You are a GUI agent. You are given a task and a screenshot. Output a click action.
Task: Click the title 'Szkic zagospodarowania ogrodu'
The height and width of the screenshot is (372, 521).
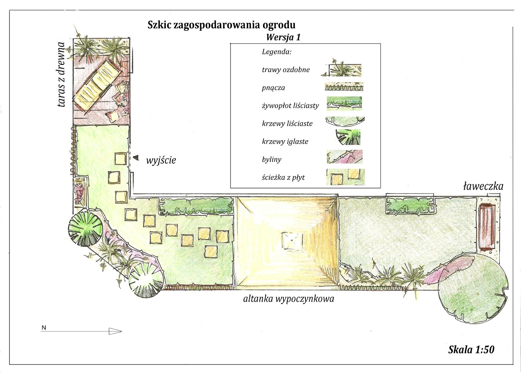tap(222, 25)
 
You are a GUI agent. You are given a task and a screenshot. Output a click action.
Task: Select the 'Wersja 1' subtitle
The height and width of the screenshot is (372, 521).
tap(283, 37)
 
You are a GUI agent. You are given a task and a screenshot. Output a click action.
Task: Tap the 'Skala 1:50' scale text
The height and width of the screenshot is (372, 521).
tap(471, 350)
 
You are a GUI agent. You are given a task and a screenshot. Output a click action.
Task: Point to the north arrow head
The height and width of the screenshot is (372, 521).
tap(115, 331)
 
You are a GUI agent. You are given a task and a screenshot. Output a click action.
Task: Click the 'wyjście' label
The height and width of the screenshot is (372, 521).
tap(161, 160)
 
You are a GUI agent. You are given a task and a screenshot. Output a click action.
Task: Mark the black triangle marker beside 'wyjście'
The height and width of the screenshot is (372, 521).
tap(136, 158)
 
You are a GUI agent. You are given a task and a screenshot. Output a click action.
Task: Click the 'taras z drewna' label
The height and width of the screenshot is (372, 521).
tap(62, 75)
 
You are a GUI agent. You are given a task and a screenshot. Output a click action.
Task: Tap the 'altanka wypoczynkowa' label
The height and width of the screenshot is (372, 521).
tap(288, 299)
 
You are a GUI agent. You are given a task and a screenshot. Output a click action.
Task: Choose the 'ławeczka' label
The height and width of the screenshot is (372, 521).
tap(483, 187)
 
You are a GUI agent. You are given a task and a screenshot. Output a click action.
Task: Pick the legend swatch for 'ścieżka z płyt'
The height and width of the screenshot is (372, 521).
tap(346, 177)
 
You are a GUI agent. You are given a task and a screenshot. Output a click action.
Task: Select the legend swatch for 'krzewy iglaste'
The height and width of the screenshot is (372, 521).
tap(348, 137)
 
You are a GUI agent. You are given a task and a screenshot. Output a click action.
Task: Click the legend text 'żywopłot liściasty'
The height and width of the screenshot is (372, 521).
tap(290, 106)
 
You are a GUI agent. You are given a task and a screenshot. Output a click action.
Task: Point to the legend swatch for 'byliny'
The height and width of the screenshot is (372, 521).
tap(345, 157)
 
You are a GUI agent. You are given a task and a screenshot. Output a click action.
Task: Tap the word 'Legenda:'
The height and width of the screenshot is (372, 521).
tap(276, 52)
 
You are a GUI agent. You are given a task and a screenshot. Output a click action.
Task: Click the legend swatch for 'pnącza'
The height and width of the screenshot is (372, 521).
tap(344, 87)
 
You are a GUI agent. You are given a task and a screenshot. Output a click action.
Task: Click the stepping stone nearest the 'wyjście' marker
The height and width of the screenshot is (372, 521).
tap(120, 159)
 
